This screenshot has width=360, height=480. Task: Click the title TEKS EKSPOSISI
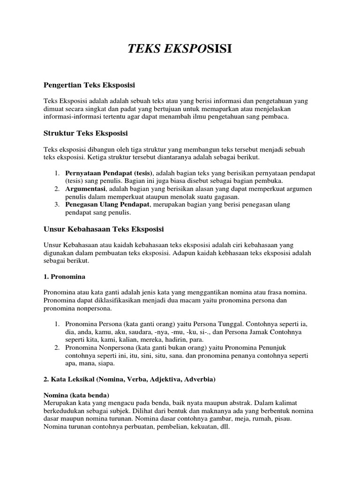pyautogui.click(x=180, y=50)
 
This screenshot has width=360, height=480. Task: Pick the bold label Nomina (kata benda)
pyautogui.click(x=77, y=395)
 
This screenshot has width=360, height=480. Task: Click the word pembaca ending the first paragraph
pyautogui.click(x=276, y=117)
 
